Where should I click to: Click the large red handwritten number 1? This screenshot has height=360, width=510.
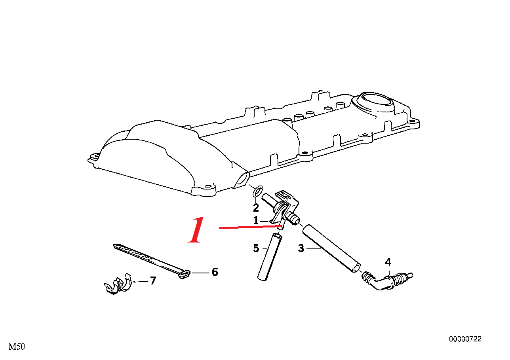click(196, 230)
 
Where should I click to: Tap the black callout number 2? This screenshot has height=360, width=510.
click(256, 208)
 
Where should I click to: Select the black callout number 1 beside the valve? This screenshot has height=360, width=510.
click(256, 221)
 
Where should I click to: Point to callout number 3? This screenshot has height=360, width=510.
click(301, 248)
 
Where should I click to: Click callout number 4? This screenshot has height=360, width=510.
click(388, 262)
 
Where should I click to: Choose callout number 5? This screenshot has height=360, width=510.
click(256, 248)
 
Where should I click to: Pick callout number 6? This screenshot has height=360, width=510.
click(215, 272)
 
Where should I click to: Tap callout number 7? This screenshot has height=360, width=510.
click(153, 280)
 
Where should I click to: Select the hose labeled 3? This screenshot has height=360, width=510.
click(331, 248)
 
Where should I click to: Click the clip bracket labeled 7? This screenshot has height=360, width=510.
click(118, 284)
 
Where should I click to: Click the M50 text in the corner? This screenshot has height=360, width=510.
click(17, 347)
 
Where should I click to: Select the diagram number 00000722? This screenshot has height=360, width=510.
click(465, 339)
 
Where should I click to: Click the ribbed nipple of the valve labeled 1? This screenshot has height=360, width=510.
click(292, 218)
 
